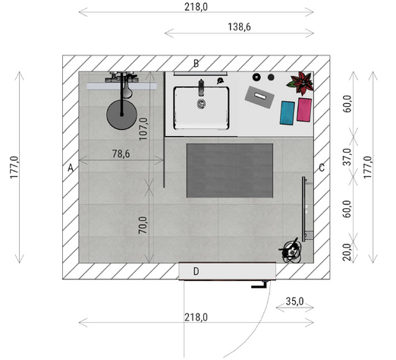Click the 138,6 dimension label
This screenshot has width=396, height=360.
coord(239,27)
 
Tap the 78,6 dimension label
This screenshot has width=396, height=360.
coord(121,153)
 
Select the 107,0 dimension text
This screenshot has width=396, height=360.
coord(143,129)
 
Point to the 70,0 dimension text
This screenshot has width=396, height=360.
coord(143,225)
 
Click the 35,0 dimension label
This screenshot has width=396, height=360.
coord(294,302)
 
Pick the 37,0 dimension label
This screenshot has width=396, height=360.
coord(347,157)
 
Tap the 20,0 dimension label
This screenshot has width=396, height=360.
coord(347,252)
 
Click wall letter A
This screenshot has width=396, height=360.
coord(71,168)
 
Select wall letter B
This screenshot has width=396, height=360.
coord(196,63)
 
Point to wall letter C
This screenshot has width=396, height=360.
coord(322,168)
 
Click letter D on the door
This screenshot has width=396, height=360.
coord(196,271)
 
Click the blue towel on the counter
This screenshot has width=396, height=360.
coord(288,113)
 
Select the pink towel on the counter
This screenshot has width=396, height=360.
coord(304,110)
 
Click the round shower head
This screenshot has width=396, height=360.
coord(121,115)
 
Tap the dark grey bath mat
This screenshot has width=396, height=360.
coord(230,171)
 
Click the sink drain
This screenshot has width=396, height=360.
coord(201,103)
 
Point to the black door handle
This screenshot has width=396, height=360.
coord(259,286)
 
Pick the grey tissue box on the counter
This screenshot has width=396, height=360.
coord(259,97)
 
